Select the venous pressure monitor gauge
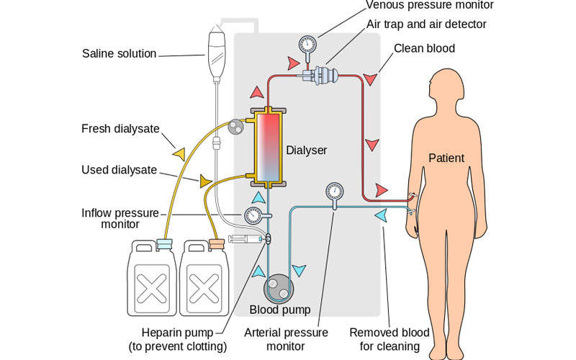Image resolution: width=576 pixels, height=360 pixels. (x=307, y=44)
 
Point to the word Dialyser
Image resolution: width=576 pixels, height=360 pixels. (x=307, y=150)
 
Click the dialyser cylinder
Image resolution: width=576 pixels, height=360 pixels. (x=266, y=148)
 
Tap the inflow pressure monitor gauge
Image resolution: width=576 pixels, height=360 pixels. (x=253, y=215)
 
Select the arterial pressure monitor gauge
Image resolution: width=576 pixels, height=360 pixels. (x=334, y=192)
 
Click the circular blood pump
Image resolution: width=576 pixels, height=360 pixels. (x=278, y=289)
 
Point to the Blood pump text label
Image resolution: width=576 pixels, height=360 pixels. (x=280, y=310)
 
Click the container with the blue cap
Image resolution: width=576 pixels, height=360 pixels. (x=152, y=281)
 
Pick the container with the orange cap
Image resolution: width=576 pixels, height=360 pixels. (x=205, y=281)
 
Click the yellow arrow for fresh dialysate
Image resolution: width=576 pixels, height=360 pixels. (x=176, y=153)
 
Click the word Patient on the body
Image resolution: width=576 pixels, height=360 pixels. (x=446, y=158)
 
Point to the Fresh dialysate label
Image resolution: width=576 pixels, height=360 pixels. (x=119, y=130)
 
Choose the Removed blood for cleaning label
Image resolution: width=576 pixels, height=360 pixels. (x=390, y=339)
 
